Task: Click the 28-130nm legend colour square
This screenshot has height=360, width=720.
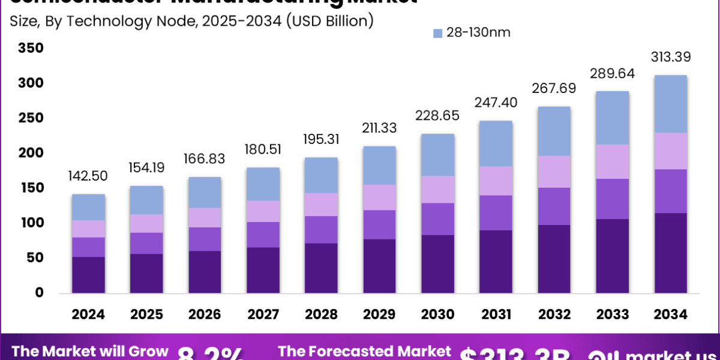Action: [437, 33]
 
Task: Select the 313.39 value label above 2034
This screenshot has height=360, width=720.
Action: [671, 58]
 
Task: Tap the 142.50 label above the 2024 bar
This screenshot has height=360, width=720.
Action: [89, 176]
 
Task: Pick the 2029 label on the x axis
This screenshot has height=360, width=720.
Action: [380, 314]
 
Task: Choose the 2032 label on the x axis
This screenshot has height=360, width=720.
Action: [554, 314]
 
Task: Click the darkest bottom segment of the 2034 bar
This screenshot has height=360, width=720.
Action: [671, 253]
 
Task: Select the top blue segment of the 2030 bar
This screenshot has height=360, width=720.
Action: [438, 155]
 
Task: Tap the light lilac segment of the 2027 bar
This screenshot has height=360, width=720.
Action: [263, 211]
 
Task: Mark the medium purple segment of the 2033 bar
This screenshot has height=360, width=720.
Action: [613, 199]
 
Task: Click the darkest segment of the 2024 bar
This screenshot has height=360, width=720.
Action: [89, 275]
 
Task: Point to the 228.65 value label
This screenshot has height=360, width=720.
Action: [438, 115]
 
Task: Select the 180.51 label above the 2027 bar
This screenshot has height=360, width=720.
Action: [263, 149]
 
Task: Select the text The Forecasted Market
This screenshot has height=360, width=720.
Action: [364, 352]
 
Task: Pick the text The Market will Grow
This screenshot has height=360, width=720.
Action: [90, 352]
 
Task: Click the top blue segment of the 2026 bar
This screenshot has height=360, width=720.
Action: [205, 192]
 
